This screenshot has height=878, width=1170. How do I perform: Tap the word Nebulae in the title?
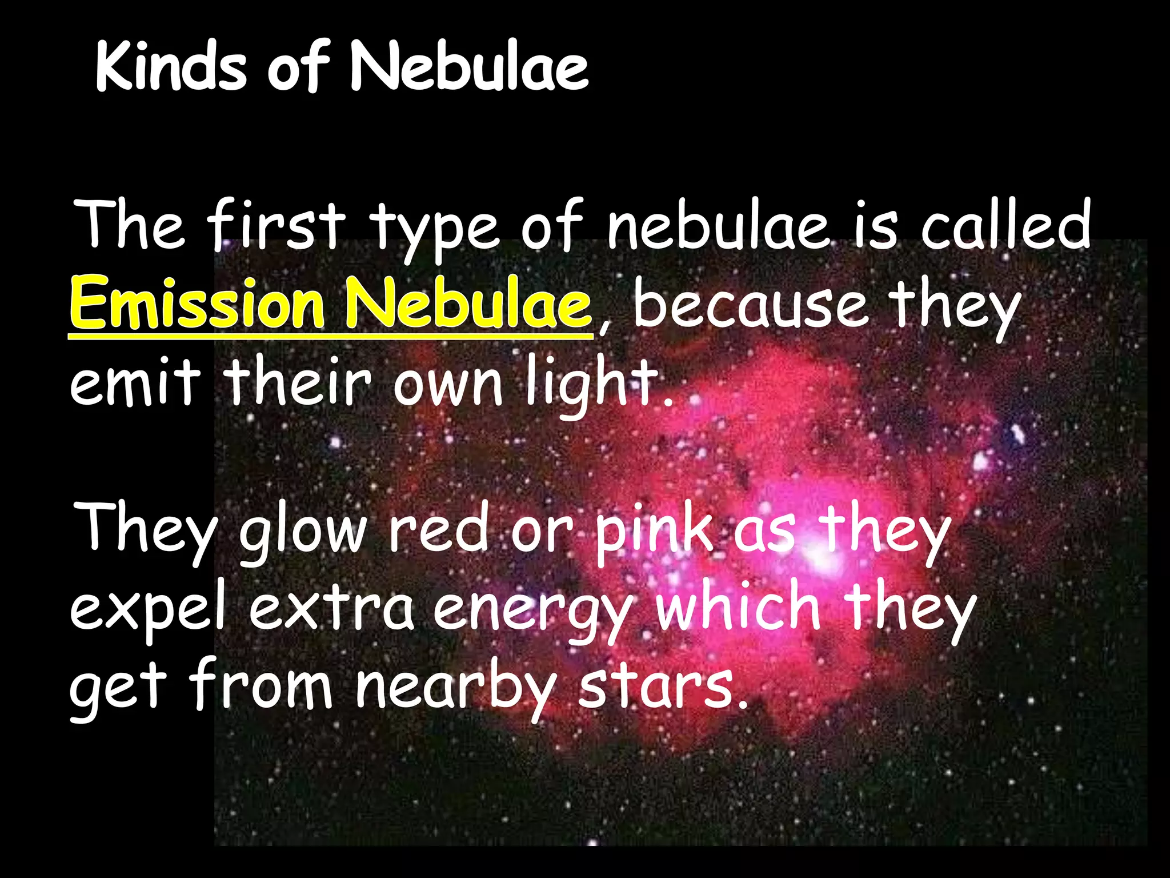pyautogui.click(x=469, y=67)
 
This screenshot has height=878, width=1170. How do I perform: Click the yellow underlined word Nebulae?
pyautogui.click(x=468, y=302)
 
